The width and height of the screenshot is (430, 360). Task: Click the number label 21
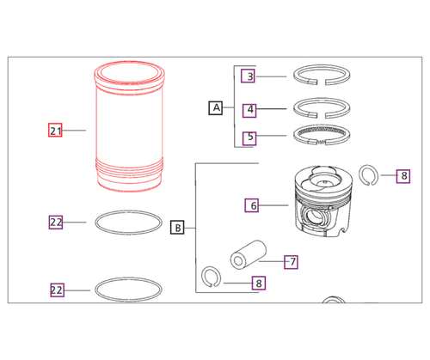[56, 131]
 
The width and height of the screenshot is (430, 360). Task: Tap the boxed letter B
[177, 228]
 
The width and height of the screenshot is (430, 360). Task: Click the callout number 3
[249, 76]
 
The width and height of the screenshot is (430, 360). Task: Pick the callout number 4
[249, 109]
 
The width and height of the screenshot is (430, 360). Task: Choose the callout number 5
[249, 136]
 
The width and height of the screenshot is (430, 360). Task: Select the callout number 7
[291, 260]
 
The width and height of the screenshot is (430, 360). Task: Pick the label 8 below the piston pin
[258, 282]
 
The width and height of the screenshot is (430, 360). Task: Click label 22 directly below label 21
[56, 222]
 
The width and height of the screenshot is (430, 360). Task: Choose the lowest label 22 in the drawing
[56, 290]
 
